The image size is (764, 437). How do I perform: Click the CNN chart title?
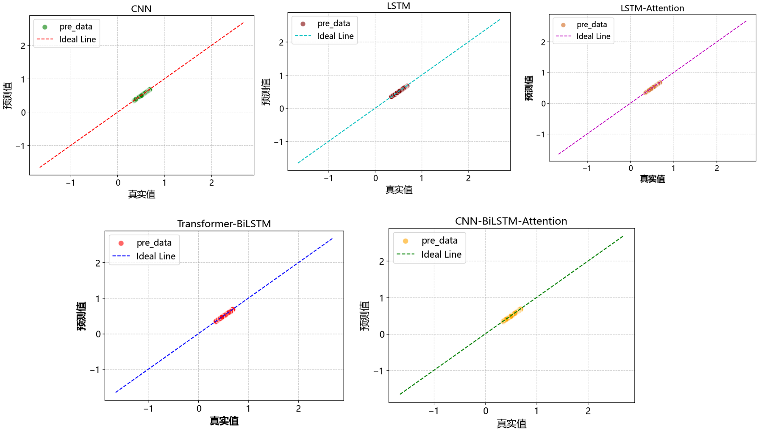coord(141,8)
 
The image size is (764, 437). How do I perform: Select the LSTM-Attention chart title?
coord(652,8)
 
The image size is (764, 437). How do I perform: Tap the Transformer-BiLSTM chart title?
coord(224,223)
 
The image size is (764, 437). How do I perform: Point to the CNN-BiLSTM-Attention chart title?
coord(511,221)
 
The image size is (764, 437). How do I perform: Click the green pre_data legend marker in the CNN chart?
coord(45,27)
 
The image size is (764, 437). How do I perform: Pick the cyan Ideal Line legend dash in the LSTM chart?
coord(303,36)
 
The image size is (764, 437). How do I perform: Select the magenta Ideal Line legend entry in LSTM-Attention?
coord(564,36)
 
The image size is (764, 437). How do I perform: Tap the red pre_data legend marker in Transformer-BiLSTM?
coord(121,243)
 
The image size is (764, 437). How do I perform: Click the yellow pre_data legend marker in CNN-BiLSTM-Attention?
coord(406,241)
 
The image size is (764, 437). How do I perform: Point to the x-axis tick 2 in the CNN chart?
coord(211,183)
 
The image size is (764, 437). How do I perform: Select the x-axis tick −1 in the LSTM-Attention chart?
coord(587,168)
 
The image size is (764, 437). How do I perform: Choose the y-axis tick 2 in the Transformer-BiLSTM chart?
coord(98,263)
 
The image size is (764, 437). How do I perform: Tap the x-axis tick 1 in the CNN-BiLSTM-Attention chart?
coord(536,411)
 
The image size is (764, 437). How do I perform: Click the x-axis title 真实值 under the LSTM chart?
coord(399,190)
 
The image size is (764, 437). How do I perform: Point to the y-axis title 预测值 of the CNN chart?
coord(8,95)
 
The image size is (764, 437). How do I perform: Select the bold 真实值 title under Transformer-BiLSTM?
coord(224,421)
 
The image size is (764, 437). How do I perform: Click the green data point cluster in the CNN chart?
coord(142,95)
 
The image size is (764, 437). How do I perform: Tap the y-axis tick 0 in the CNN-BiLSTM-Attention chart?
coord(382,334)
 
